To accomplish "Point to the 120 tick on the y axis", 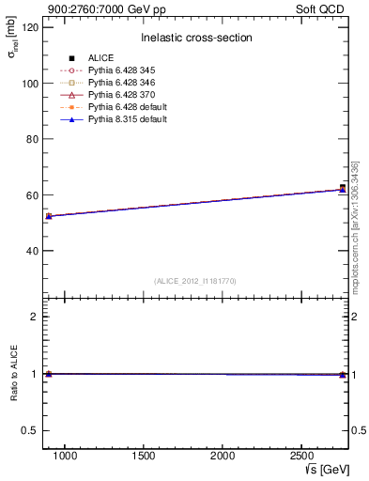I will pyautogui.click(x=30, y=27).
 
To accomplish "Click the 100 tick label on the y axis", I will pyautogui.click(x=30, y=84).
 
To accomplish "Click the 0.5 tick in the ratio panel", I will pyautogui.click(x=30, y=430).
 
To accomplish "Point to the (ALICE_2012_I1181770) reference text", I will pyautogui.click(x=194, y=281).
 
